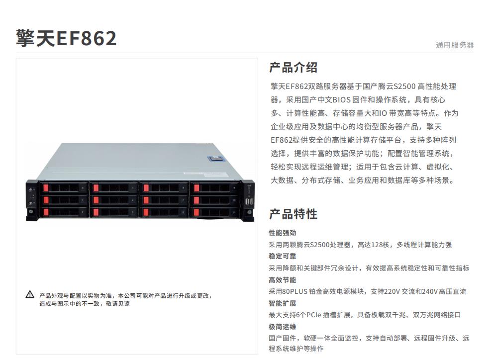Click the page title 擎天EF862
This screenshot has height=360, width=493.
(66, 38)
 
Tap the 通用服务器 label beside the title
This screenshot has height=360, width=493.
(455, 45)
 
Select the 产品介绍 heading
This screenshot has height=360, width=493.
(294, 68)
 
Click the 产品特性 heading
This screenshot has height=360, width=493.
(294, 214)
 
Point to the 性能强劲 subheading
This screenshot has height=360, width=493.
(283, 233)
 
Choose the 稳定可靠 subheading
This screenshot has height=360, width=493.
(283, 256)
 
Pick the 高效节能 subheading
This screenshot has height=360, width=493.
(283, 279)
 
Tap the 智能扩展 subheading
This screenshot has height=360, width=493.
(283, 303)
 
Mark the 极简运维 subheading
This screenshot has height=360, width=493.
(283, 327)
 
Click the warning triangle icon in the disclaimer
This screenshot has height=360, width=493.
(30, 295)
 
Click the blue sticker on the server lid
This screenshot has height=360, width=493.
(216, 158)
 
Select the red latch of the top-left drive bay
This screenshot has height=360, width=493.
(46, 188)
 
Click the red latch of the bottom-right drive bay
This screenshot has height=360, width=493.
(196, 212)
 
